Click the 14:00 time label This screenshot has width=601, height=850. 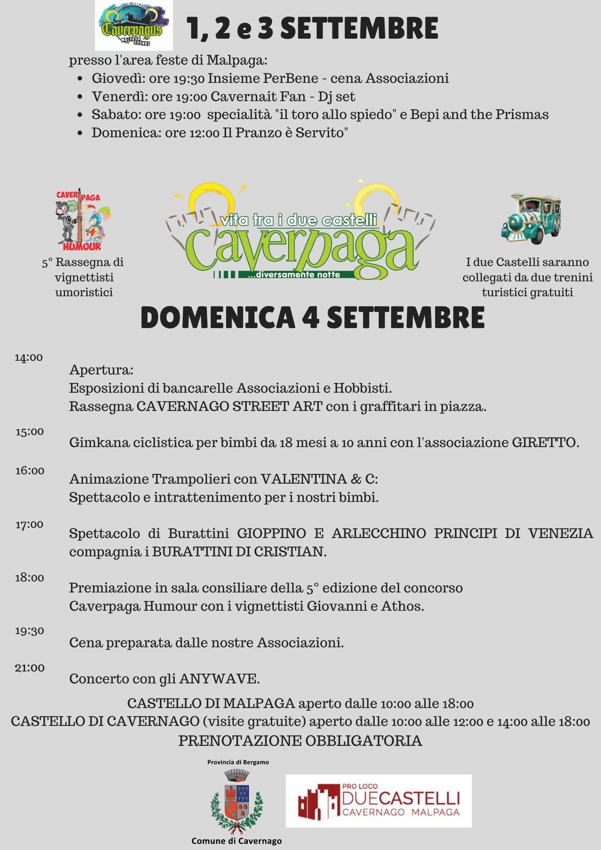tap(29, 357)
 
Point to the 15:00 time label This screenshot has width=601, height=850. tap(30, 432)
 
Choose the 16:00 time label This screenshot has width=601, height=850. tap(30, 471)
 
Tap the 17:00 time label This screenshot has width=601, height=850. tap(29, 525)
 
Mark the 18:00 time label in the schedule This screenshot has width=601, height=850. tap(30, 578)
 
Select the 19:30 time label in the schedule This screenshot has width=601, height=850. tap(30, 631)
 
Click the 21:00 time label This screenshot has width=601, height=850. tap(30, 668)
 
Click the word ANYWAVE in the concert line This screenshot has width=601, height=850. tap(218, 679)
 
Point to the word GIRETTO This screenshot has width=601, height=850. tap(544, 443)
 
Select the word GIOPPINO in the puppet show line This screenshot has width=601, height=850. tap(271, 533)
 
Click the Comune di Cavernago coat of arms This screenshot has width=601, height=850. tap(237, 802)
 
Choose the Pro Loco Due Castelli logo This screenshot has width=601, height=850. tap(378, 801)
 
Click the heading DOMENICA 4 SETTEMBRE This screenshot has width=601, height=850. tap(312, 317)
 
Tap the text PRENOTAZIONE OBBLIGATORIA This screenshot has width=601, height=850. tap(300, 741)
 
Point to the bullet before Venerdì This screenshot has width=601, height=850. tap(80, 97)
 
